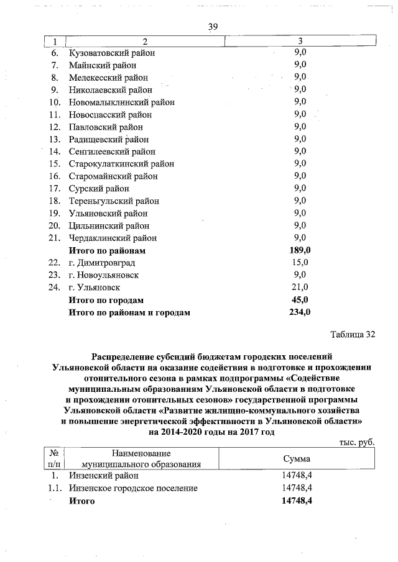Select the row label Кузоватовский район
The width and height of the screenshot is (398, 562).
coord(112,53)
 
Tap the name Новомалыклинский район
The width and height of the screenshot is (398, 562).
coord(122,102)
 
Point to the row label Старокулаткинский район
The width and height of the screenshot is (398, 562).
coord(122,164)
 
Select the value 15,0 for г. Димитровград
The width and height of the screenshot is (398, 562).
coord(300,263)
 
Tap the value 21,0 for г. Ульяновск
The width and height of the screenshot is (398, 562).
coord(300,288)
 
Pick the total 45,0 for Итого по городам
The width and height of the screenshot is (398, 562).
coord(300,300)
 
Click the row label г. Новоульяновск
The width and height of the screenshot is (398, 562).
coord(104,275)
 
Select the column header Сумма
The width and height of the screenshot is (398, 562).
coord(297,458)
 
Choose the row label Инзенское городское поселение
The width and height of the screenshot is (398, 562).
coord(133,488)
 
